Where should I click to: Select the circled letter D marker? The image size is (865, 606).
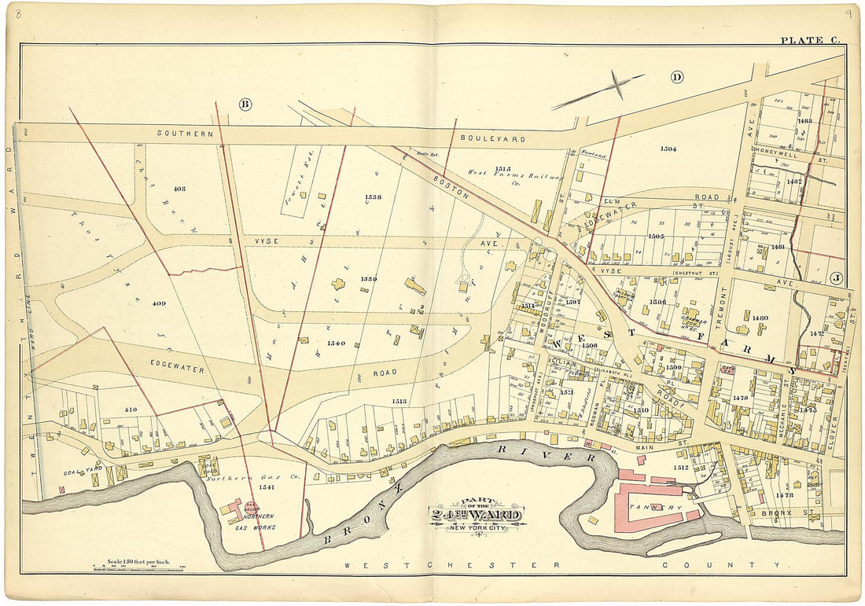click(x=675, y=76)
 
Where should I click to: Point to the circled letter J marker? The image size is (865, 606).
click(x=836, y=277)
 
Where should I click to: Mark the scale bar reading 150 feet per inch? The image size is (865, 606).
click(x=138, y=564)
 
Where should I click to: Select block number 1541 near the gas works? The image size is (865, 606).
click(x=267, y=488)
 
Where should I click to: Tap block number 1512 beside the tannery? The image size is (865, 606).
click(x=681, y=468)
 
